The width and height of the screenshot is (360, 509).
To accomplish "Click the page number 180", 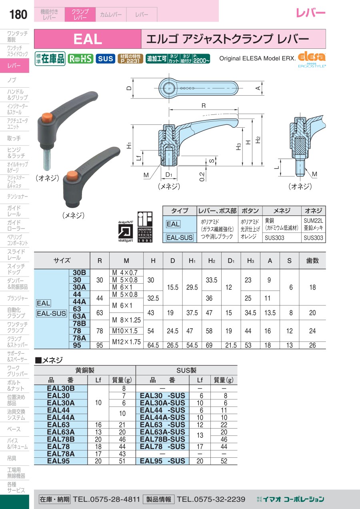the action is click(18, 14).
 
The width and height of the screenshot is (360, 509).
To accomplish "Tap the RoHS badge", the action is click(81, 59).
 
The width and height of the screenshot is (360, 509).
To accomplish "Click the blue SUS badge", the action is click(105, 59).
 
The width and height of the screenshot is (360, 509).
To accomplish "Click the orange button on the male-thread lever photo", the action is click(47, 117).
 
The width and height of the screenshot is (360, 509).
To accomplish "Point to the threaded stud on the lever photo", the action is click(48, 159).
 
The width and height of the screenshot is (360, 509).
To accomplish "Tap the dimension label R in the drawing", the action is click(204, 106).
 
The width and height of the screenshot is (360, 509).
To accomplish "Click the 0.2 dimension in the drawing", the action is click(202, 176).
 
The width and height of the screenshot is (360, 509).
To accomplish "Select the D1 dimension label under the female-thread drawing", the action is click(169, 174).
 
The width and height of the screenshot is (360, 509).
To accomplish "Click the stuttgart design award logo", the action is click(125, 231).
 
